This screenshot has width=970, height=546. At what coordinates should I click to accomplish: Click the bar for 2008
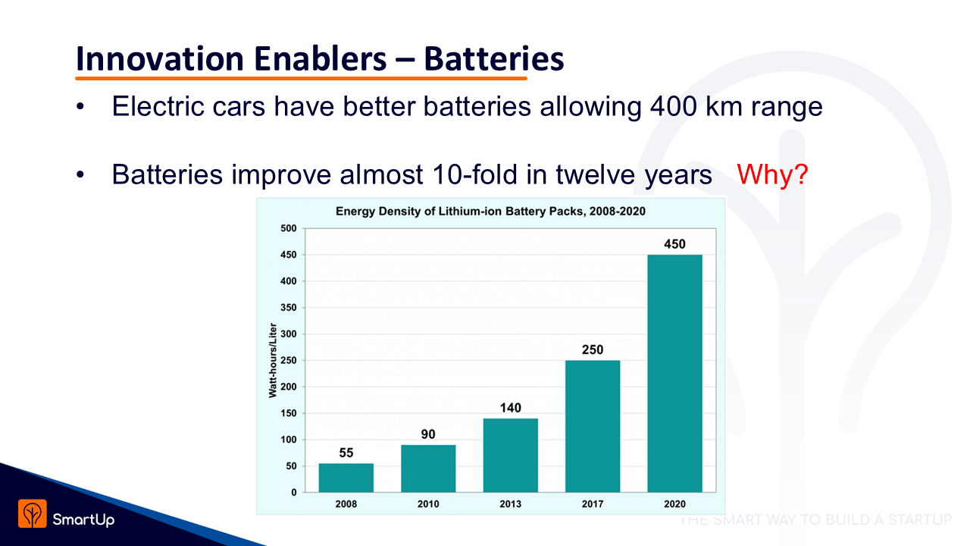coord(346,478)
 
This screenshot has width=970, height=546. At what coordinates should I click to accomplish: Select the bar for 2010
coord(428,469)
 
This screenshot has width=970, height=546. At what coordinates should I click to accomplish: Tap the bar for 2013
coord(510,455)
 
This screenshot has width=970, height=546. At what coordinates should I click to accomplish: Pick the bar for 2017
coord(593,426)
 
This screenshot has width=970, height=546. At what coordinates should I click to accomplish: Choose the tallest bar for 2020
coord(674,373)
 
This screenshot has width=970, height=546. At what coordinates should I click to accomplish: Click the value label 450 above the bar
coord(674,244)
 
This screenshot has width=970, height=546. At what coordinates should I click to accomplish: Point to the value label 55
coord(346,453)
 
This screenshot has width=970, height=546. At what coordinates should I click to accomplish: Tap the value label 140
coord(510,408)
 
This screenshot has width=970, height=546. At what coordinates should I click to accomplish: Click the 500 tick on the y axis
coord(289,228)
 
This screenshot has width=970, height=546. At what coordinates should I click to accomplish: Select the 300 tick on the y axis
coord(289,334)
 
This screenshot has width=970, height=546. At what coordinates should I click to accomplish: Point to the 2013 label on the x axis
coord(510,504)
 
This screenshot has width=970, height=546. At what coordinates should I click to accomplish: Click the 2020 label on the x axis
coord(674,504)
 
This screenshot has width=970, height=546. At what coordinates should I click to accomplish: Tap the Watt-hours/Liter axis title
coord(271,359)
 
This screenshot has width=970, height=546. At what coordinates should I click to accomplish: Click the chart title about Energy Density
coord(490,211)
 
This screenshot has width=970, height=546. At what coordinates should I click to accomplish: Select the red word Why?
coord(772,175)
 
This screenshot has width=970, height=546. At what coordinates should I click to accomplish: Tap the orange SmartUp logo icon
coord(33,513)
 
